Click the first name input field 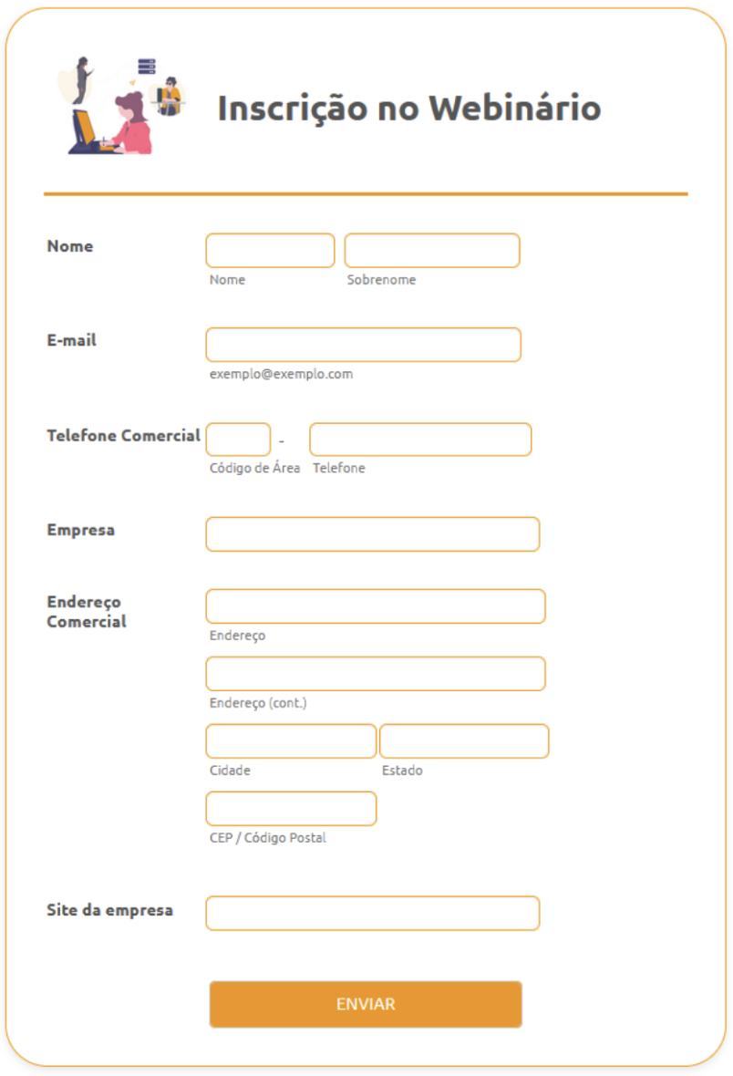(270, 251)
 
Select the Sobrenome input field (431, 251)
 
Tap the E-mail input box (363, 345)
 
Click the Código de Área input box (238, 440)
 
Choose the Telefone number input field (419, 440)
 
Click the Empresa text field (372, 534)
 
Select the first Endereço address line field (375, 606)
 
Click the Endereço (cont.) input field (375, 674)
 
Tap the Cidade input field (291, 741)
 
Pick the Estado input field (464, 741)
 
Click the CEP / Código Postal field (291, 809)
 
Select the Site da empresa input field (372, 913)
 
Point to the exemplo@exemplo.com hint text (281, 374)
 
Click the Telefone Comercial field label (123, 436)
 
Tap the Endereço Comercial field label (87, 612)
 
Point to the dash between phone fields (282, 442)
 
